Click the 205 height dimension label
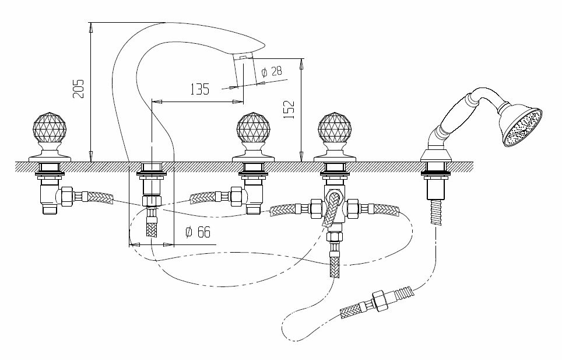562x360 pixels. point(79,89)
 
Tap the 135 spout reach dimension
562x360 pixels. point(199,89)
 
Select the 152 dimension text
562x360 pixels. point(289,109)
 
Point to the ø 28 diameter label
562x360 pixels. point(272,72)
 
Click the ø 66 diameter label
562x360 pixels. point(198,232)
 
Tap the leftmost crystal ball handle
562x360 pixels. point(50,127)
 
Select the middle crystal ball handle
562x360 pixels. point(254,127)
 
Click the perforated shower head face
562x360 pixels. point(524,127)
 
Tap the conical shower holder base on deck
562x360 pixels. point(435,155)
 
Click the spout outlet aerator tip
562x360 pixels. point(243,57)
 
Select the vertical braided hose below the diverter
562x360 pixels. point(335,264)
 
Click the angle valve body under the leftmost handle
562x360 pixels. point(48,195)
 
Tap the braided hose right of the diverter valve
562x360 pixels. point(386,209)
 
